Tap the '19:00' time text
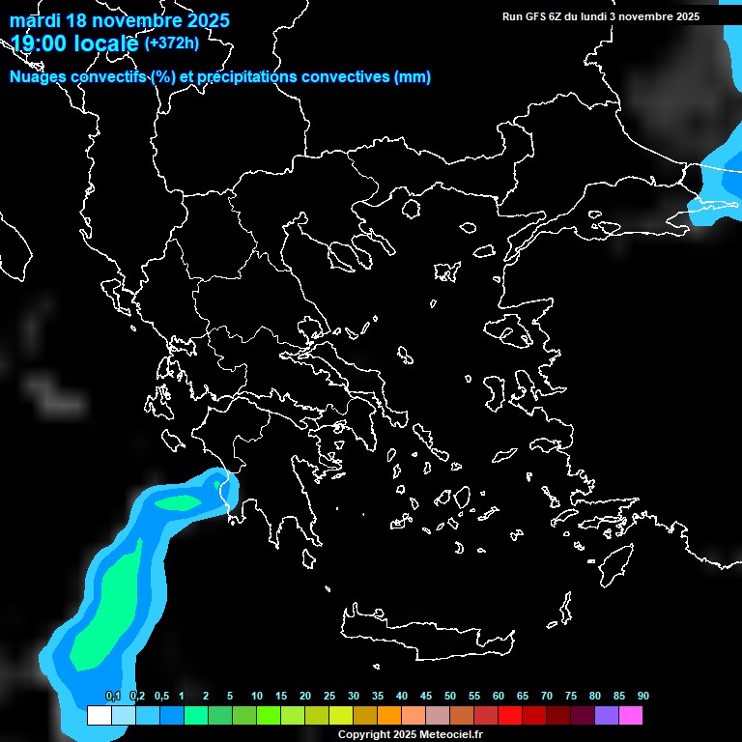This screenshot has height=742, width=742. pos(39,43)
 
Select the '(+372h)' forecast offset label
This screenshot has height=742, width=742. pos(171,43)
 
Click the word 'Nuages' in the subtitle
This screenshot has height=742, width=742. pos(38,77)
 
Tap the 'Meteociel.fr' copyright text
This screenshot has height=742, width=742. pos(443,734)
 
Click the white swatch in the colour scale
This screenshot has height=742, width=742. pos(99,716)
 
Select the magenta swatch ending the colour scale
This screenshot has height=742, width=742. pos(631,716)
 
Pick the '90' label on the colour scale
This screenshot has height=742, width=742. pos(642,697)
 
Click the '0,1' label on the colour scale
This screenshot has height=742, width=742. pos(112,697)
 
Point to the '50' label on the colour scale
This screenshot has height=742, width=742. pos(450,697)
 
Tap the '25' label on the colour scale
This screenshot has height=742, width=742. pos(329,697)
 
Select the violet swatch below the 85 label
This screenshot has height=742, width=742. pos(607,716)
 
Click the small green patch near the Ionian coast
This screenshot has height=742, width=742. pos(177,503)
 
